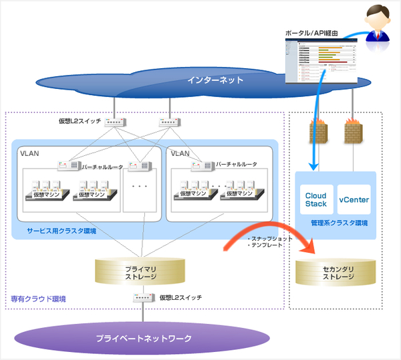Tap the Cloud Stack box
tap(316, 199)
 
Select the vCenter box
tap(354, 199)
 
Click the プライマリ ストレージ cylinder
tap(141, 271)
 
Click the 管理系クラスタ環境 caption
tap(334, 222)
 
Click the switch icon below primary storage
tap(142, 297)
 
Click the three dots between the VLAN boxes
tap(140, 186)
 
